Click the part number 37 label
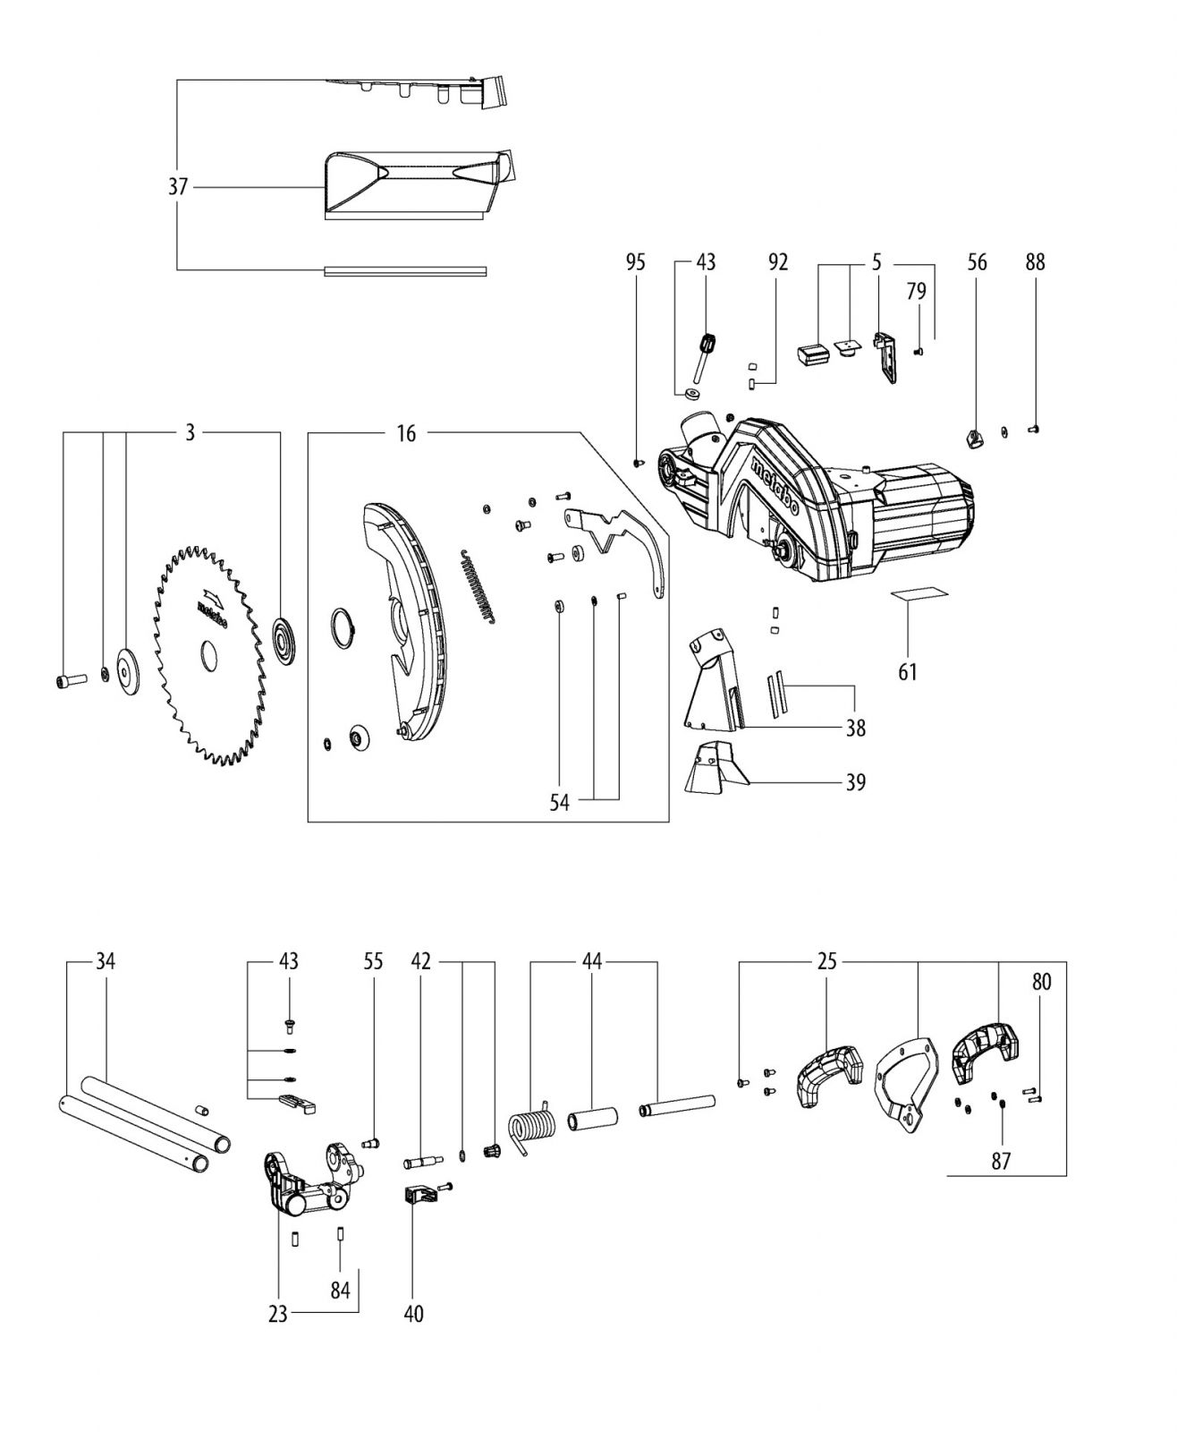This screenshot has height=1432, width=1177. pos(178,187)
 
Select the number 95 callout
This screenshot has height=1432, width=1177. pos(636,262)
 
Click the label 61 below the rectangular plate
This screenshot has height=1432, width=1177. pos(908,672)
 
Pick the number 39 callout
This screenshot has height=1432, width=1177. pos(856,782)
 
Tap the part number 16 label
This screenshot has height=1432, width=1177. pos(406,433)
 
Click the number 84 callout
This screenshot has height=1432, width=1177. pos(341,1290)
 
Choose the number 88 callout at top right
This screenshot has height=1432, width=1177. pos(1035,262)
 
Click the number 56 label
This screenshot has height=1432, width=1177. pos(977,262)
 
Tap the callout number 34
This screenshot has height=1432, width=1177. pos(106,961)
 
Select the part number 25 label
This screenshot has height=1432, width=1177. pos(827,961)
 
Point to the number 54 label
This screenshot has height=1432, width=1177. pos(559,803)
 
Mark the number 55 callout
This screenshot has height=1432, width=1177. pos(373,961)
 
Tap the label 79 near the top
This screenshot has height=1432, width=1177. pos(916,291)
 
